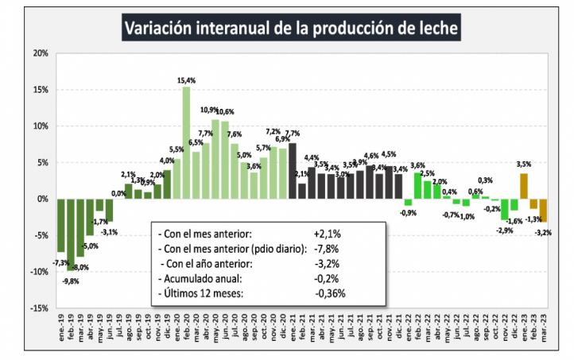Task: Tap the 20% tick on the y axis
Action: point(40,53)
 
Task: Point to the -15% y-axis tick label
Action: point(39,308)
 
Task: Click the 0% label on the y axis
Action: point(42,199)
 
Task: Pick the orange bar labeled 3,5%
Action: point(524,186)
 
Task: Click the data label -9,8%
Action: point(72,280)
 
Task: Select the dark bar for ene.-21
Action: point(292,171)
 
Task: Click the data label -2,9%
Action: point(504,230)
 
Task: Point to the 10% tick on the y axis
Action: point(40,126)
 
